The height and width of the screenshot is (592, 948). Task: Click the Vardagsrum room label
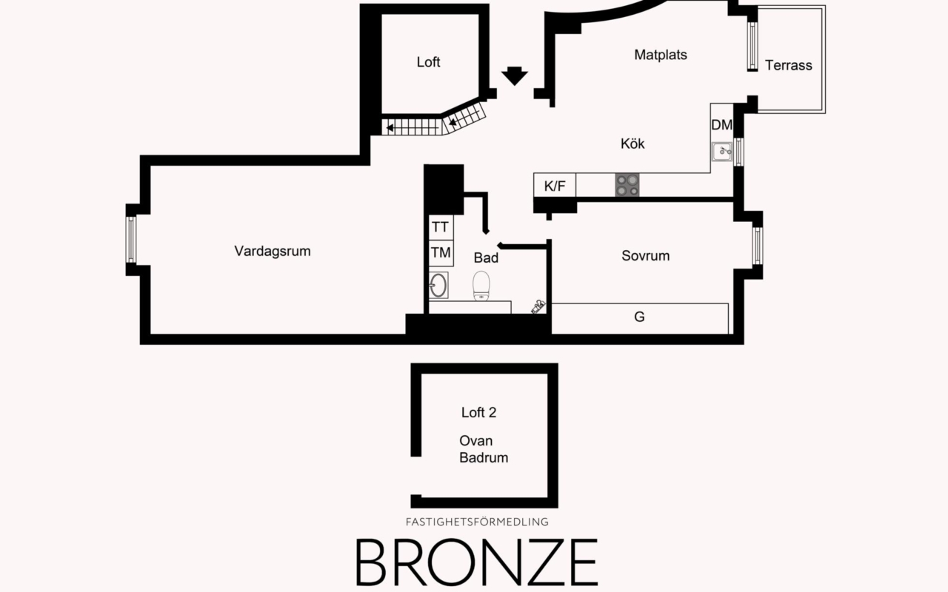pos(273,251)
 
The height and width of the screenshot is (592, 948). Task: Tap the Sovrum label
pos(645,256)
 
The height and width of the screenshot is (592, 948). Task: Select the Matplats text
pos(661,55)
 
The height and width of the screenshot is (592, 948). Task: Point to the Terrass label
pos(788,65)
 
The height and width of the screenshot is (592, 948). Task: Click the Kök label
pos(632,144)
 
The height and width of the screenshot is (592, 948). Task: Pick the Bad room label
pos(486,258)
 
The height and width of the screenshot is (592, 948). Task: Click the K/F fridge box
pos(555,186)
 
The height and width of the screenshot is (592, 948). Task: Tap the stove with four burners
pos(627,185)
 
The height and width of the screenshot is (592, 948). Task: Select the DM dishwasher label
pos(721,125)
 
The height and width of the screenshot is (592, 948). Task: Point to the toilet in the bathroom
pos(482,286)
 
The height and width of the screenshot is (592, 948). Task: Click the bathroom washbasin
pos(438,285)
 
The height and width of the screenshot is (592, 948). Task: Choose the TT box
pos(440,227)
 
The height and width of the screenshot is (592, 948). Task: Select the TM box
pos(441,253)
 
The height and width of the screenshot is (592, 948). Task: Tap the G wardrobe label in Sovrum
pos(639,317)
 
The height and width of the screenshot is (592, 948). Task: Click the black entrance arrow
pos(514,75)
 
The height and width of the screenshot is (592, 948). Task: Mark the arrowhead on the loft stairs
pos(390,127)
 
